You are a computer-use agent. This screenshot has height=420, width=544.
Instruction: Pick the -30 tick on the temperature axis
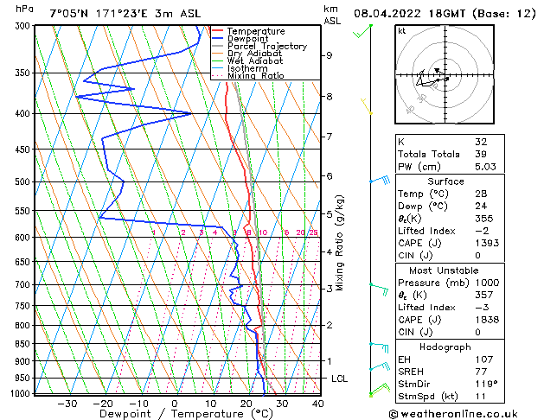click(x=67, y=403)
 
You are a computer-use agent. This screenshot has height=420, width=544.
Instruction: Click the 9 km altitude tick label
click(x=330, y=55)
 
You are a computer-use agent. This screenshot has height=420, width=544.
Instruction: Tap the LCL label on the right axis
click(x=341, y=379)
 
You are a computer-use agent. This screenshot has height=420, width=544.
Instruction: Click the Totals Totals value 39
click(x=481, y=154)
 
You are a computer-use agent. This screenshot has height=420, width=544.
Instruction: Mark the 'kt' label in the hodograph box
click(x=401, y=30)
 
